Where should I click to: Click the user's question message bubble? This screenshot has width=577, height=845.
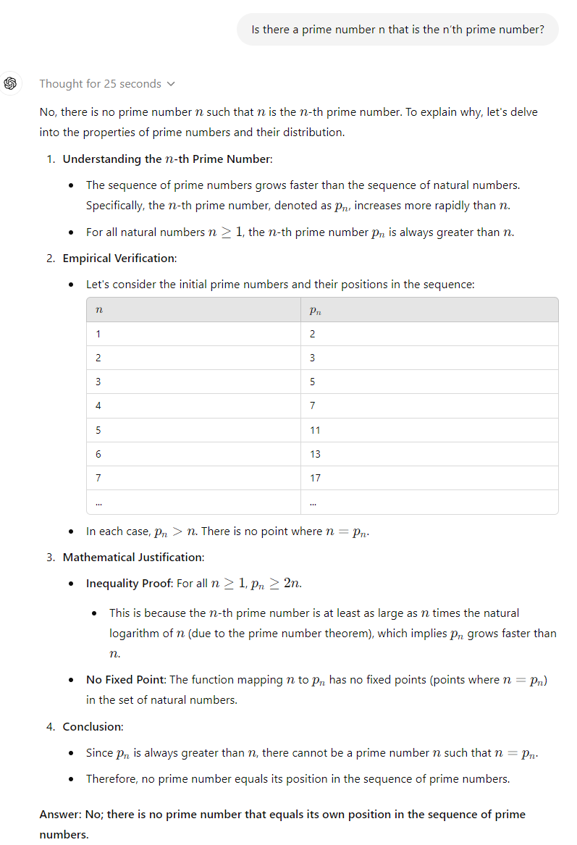tap(397, 30)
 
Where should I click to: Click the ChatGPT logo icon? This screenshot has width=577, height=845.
tap(11, 83)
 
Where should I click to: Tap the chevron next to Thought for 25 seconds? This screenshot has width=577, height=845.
tap(171, 84)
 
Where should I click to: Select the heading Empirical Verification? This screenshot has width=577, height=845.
tap(119, 258)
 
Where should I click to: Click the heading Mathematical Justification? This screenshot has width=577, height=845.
tap(132, 557)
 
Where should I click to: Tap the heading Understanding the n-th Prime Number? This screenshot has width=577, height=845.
tap(167, 159)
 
